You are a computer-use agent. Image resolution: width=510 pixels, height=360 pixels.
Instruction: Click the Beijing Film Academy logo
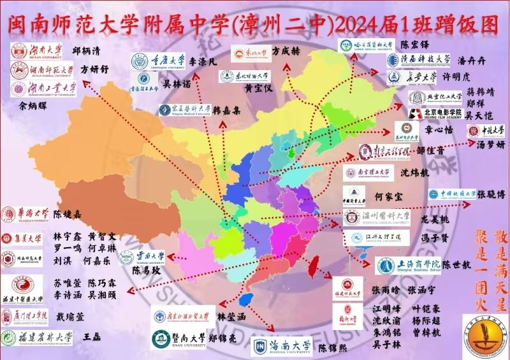click(433, 113)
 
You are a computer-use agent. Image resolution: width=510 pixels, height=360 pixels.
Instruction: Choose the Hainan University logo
click(281, 346)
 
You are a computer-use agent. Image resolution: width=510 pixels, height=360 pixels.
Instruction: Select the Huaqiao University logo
click(25, 213)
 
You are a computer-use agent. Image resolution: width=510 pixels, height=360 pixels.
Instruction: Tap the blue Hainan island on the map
click(245, 299)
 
